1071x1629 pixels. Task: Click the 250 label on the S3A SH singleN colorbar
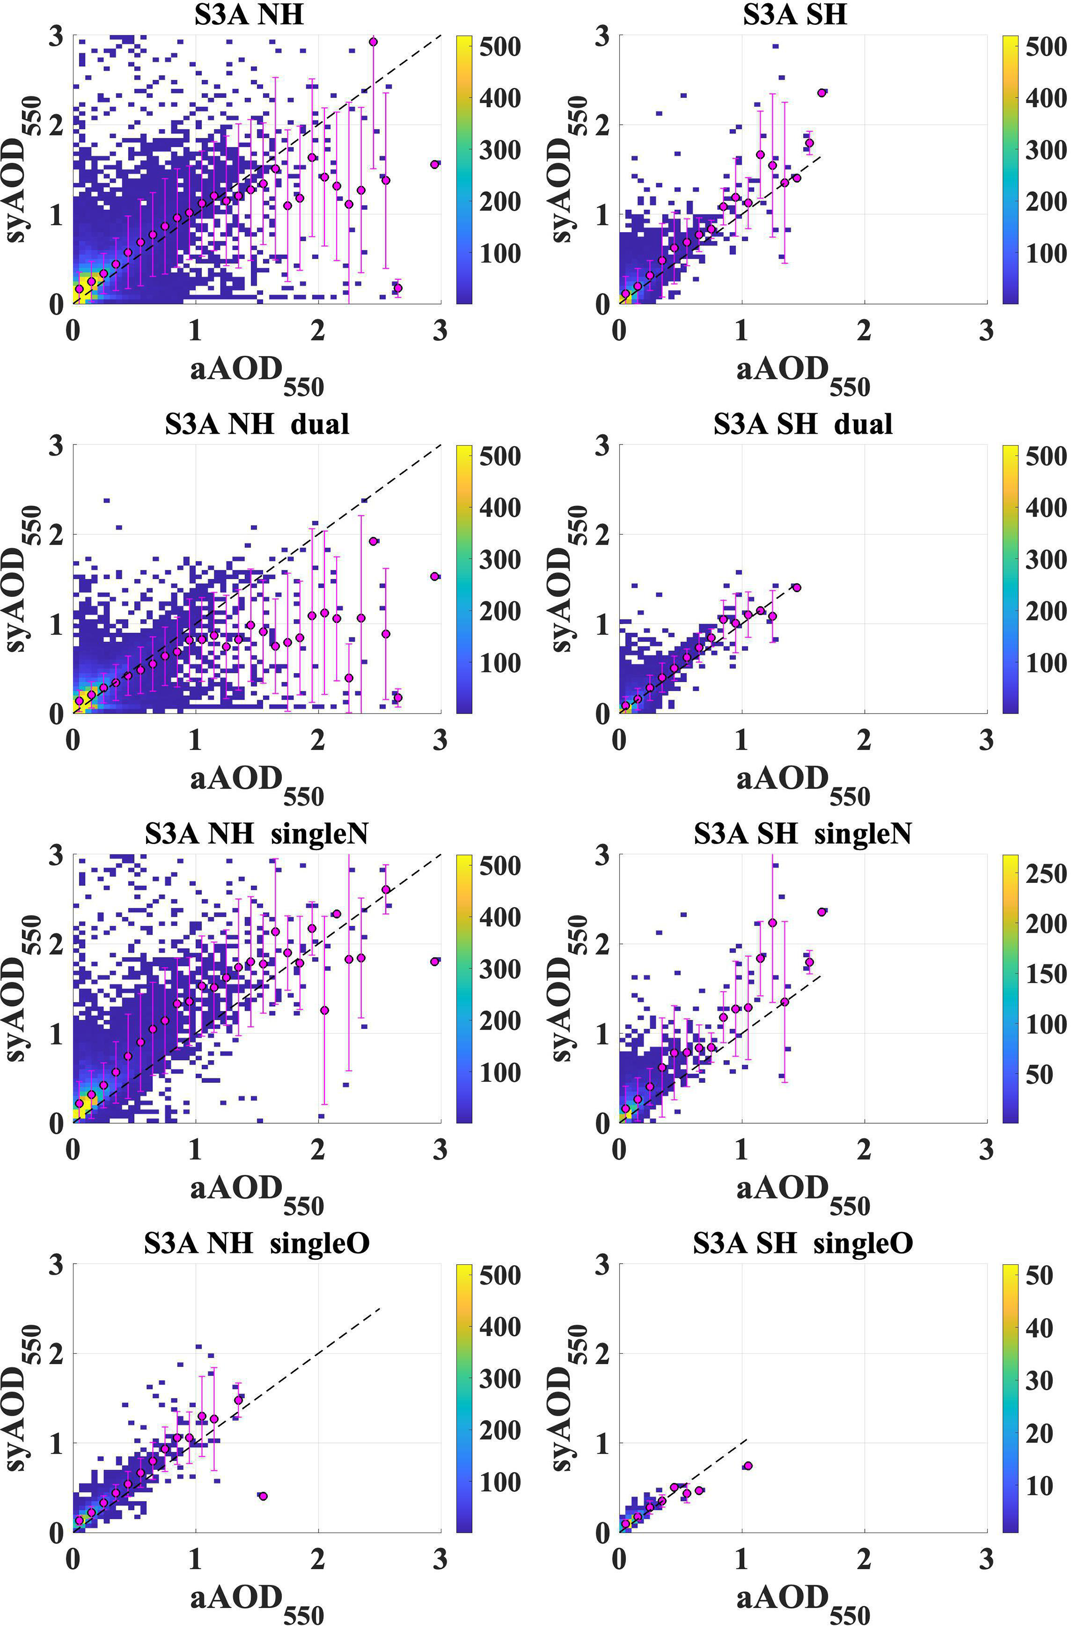tap(1046, 874)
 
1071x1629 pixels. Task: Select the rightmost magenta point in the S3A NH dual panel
tap(435, 576)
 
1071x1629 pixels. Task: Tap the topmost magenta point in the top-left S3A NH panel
tap(373, 42)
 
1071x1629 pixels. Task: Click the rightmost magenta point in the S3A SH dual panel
tap(796, 587)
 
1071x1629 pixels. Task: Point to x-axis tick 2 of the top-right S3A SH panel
tap(864, 331)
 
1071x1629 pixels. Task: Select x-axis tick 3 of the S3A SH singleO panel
tap(986, 1561)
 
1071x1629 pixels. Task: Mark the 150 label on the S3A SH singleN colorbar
tap(1046, 974)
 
